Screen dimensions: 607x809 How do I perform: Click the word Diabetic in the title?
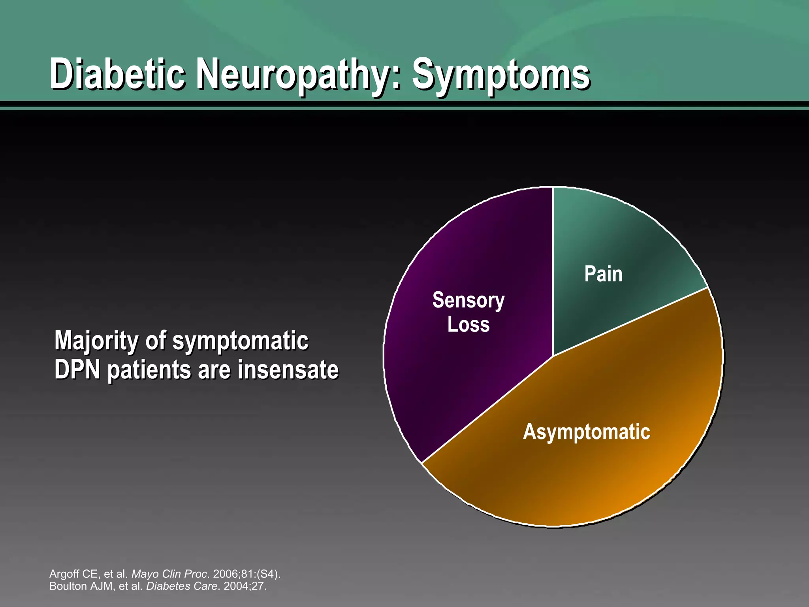[117, 74]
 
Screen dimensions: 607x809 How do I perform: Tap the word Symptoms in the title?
[500, 75]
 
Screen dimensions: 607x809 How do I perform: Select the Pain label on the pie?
[603, 274]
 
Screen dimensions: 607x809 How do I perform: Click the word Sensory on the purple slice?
[468, 301]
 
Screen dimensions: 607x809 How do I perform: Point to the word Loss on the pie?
[468, 324]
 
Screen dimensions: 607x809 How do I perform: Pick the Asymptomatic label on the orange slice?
[586, 432]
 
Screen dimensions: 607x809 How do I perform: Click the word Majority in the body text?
[96, 341]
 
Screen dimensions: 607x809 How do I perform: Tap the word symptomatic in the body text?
[241, 341]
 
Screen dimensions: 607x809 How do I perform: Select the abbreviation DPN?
[77, 370]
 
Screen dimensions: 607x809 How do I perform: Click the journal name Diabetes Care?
[181, 586]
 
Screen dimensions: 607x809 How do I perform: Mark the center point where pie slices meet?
[553, 356]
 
